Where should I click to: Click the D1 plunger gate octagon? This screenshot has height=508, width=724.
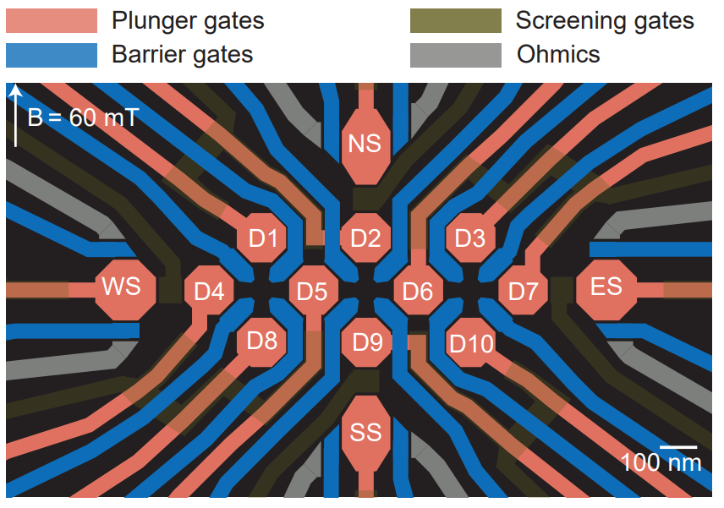click(x=263, y=239)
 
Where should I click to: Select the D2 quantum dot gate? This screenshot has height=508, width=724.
click(x=365, y=238)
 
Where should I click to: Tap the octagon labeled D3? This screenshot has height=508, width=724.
click(x=470, y=238)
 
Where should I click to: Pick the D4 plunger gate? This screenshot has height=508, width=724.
click(x=209, y=292)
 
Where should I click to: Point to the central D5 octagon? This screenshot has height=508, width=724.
click(x=313, y=292)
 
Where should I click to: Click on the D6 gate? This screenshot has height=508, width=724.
click(x=418, y=292)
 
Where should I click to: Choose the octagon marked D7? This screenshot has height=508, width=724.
click(x=523, y=292)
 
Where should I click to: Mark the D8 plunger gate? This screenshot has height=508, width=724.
click(x=261, y=341)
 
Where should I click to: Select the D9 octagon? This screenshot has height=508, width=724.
click(x=366, y=342)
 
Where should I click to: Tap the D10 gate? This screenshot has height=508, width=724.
click(x=470, y=343)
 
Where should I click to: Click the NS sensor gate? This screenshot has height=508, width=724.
click(x=365, y=144)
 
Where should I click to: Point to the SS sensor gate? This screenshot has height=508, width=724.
click(x=365, y=433)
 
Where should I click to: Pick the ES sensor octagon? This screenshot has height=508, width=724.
click(x=606, y=286)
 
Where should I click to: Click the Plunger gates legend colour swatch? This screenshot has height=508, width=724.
click(x=52, y=19)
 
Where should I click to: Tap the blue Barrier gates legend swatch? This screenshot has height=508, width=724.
click(x=52, y=55)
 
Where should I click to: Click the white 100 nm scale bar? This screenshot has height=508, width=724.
click(x=678, y=445)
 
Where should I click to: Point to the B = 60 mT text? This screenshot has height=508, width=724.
click(x=82, y=117)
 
